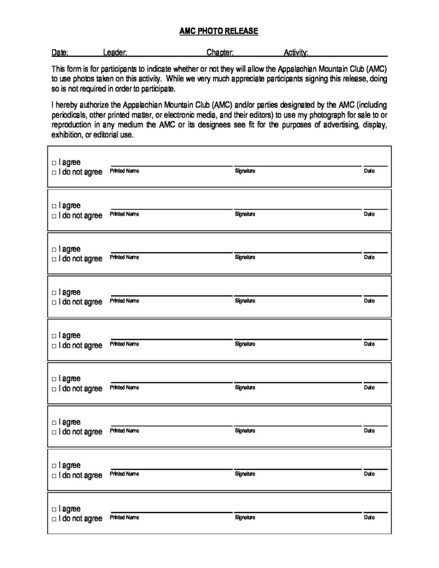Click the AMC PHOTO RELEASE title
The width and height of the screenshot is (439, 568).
point(219,32)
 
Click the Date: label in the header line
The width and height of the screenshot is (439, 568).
point(60,53)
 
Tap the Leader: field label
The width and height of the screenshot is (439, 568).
point(115,53)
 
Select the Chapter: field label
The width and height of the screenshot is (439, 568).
point(220,53)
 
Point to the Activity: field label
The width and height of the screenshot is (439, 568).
point(296,53)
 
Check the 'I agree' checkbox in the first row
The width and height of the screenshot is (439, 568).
point(54,163)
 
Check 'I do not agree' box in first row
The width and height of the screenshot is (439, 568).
point(54,173)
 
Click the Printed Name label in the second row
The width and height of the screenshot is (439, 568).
point(124,214)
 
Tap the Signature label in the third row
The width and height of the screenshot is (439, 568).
point(245,257)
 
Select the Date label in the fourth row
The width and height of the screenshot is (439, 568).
point(369,301)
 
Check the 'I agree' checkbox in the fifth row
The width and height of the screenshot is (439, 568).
point(54,336)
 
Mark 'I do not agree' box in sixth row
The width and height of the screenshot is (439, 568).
point(54,389)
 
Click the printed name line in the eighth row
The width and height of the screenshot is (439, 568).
point(171,469)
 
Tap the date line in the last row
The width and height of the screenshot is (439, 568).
point(375,512)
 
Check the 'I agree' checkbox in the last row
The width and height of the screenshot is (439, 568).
point(54,509)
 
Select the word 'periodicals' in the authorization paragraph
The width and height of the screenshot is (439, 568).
point(69,114)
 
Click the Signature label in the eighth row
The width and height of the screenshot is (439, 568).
point(245,474)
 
